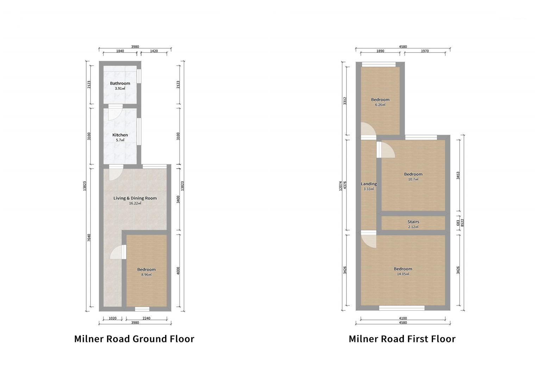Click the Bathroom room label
120,83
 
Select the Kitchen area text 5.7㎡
120,140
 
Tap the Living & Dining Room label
135,198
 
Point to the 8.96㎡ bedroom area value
146,274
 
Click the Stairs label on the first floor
413,222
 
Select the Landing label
369,184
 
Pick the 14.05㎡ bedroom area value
403,274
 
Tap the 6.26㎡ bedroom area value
380,104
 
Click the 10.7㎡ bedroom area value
413,179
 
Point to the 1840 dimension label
120,51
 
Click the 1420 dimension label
154,51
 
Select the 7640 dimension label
89,237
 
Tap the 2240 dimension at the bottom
146,318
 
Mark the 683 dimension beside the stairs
458,223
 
